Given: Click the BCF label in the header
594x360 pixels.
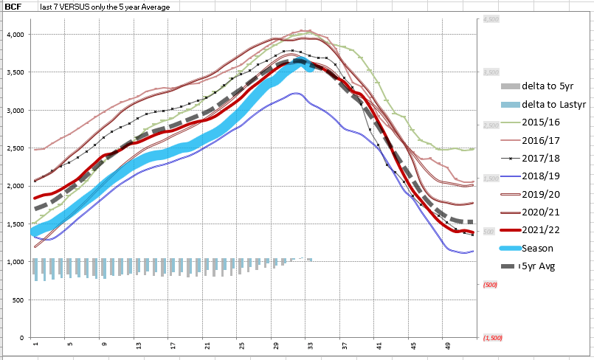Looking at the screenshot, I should (13, 7).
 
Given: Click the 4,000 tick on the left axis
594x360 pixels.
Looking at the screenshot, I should (16, 35).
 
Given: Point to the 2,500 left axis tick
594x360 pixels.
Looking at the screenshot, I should (16, 148).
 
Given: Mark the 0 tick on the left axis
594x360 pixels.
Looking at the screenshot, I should (23, 338).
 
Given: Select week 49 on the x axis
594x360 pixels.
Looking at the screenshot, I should (448, 344).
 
